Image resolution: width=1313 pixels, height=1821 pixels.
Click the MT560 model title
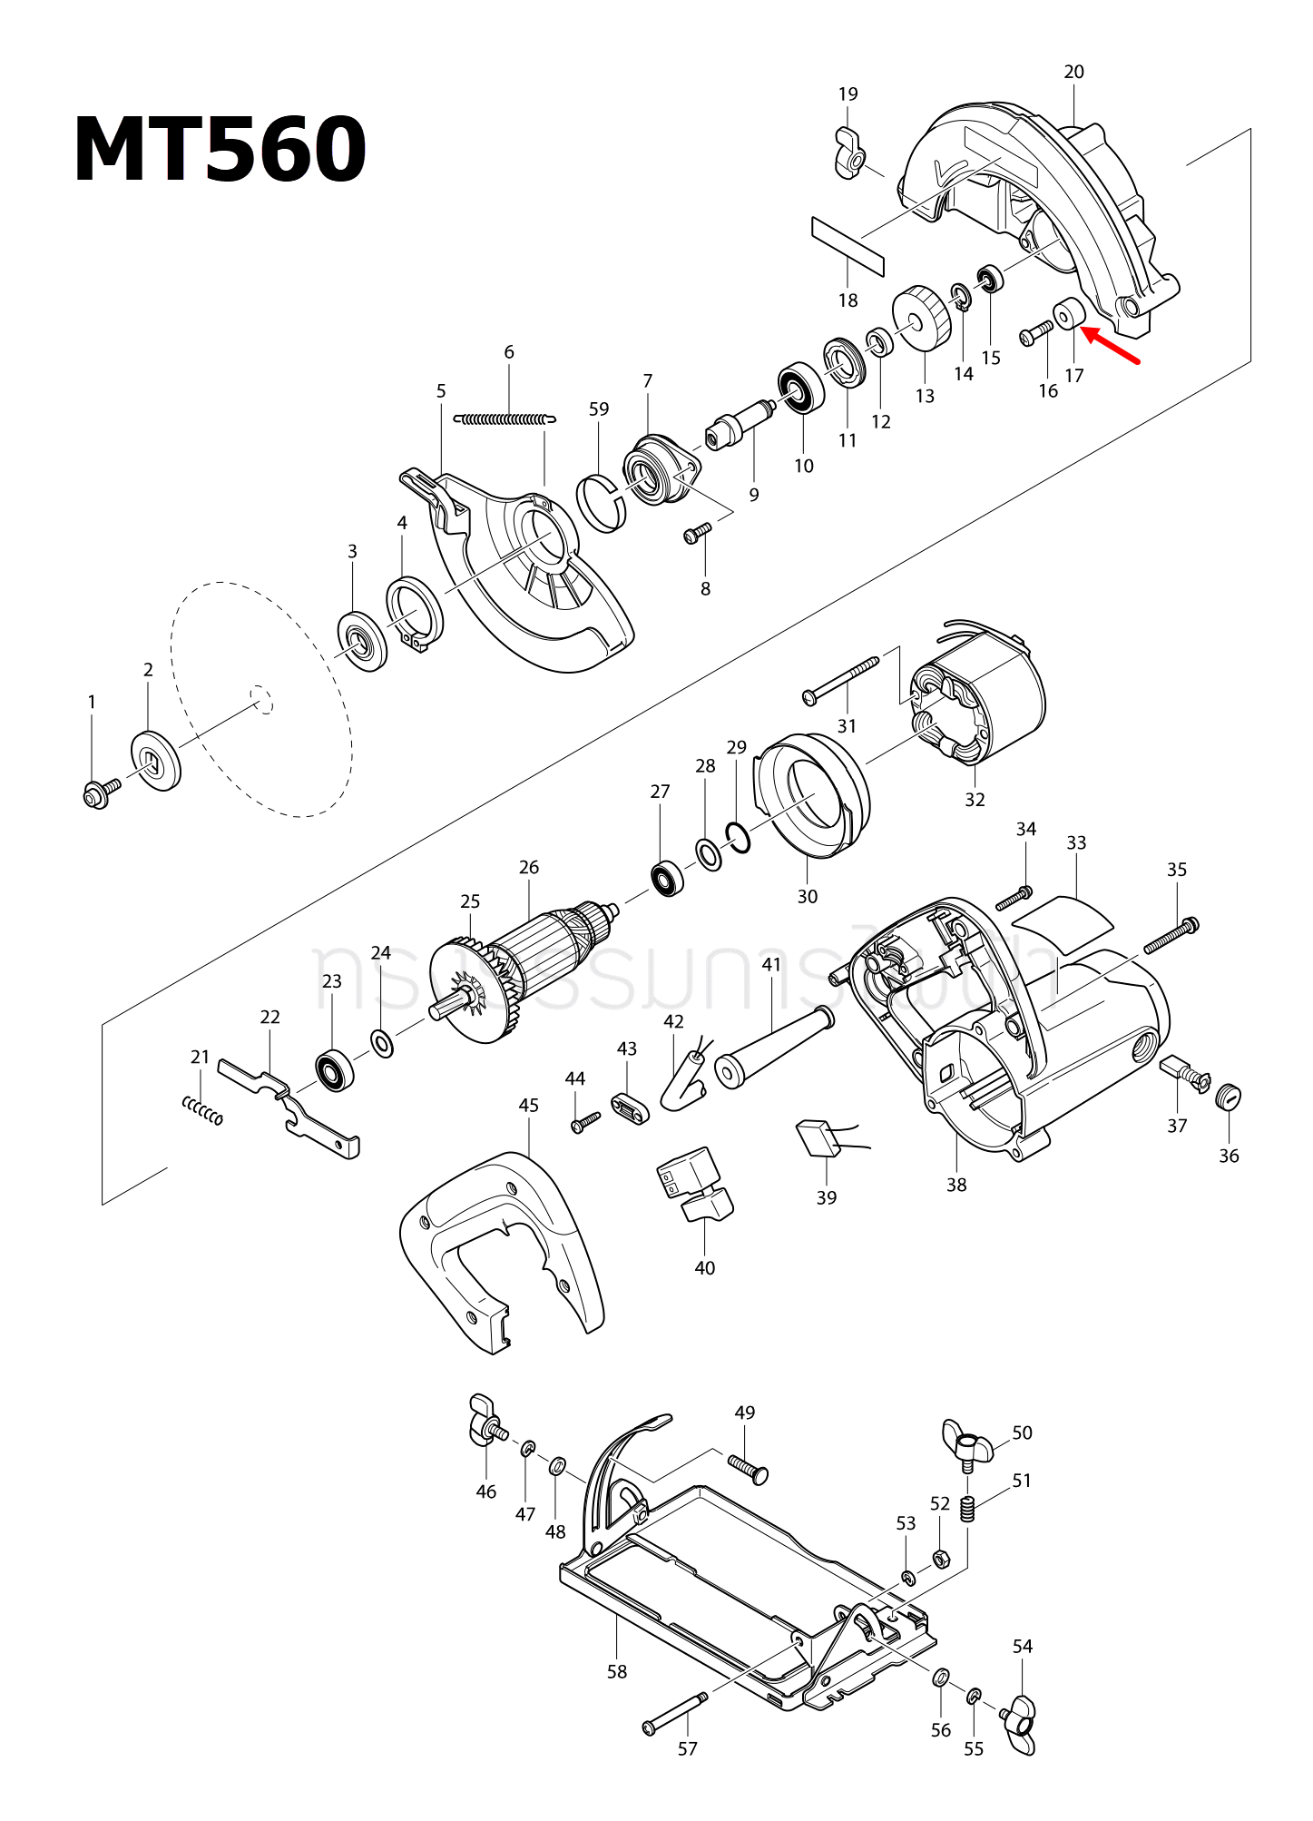(220, 151)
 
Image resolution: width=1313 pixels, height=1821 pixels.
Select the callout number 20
(1073, 72)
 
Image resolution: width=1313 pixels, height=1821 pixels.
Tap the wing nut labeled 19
(849, 155)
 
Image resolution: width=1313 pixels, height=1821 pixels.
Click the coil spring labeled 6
(505, 419)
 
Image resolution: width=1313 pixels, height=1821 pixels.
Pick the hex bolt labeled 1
(98, 792)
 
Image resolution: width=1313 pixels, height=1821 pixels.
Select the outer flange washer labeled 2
(156, 760)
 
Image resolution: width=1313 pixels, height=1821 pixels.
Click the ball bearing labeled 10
(801, 388)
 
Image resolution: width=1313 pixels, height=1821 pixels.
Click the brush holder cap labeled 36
(1228, 1097)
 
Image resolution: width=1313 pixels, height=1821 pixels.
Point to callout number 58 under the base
(617, 1671)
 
